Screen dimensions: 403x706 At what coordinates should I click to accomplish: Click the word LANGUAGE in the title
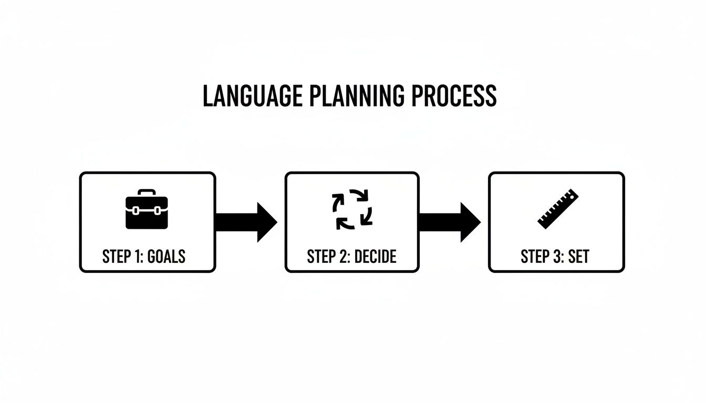[x=252, y=96]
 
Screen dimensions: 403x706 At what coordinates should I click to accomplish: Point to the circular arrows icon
[x=352, y=210]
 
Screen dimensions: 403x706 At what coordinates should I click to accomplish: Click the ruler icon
[x=557, y=208]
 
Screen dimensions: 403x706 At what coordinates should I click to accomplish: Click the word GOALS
[x=167, y=257]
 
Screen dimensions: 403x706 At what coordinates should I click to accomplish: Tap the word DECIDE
[x=375, y=257]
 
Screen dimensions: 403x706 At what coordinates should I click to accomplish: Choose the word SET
[x=578, y=257]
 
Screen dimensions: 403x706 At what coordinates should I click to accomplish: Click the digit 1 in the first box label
[x=138, y=257]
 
